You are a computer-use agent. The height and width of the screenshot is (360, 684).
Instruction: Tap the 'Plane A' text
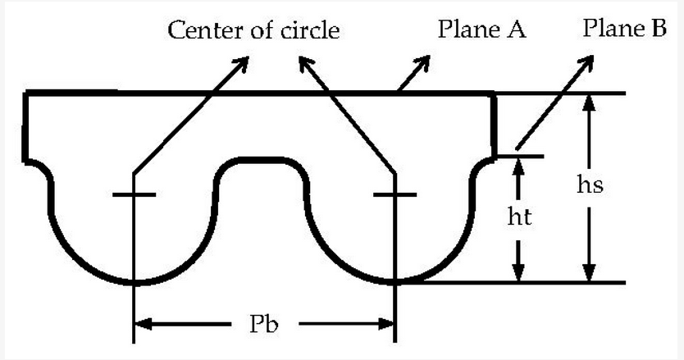click(x=481, y=30)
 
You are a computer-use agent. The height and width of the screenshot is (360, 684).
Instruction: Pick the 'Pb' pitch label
click(x=264, y=323)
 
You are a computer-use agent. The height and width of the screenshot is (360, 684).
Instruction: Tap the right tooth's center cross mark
click(x=395, y=194)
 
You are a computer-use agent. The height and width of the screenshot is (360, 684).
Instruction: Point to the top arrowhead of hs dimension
click(x=588, y=101)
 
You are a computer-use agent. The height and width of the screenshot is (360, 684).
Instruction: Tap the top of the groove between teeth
click(x=264, y=161)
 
